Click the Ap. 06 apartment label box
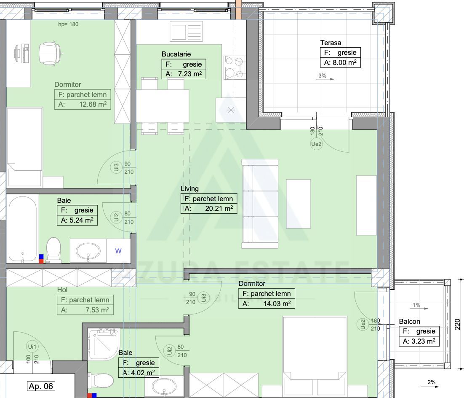[41, 386]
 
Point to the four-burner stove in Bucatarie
[235, 67]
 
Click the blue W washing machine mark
[119, 251]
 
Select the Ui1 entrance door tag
[32, 347]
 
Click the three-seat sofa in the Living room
[260, 204]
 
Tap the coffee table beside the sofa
[298, 204]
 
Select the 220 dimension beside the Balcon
[458, 323]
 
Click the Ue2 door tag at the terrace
[317, 144]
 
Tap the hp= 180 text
[68, 24]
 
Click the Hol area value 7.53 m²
[85, 310]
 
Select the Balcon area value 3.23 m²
[419, 341]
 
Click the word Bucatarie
[176, 54]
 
